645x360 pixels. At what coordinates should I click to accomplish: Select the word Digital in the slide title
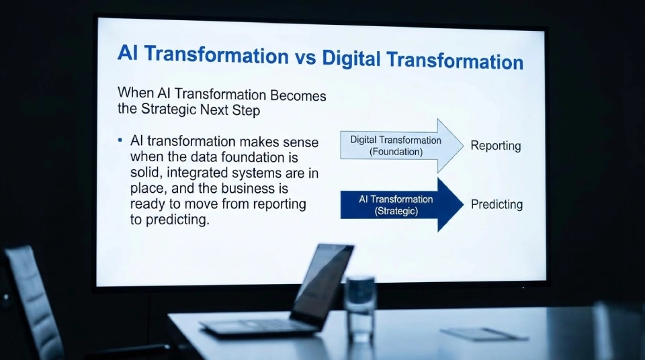click(351, 59)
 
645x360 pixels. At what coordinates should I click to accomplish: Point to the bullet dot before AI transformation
click(120, 140)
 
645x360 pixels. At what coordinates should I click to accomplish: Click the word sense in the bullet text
click(300, 142)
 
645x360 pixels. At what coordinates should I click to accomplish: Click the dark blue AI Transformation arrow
click(401, 205)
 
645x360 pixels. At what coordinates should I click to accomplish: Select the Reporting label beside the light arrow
click(495, 146)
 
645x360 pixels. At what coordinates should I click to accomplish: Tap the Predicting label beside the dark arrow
click(497, 205)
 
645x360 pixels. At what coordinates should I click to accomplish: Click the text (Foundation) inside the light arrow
click(396, 152)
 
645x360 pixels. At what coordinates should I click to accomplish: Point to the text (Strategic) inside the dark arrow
click(396, 211)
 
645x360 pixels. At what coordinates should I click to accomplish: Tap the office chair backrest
click(30, 296)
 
